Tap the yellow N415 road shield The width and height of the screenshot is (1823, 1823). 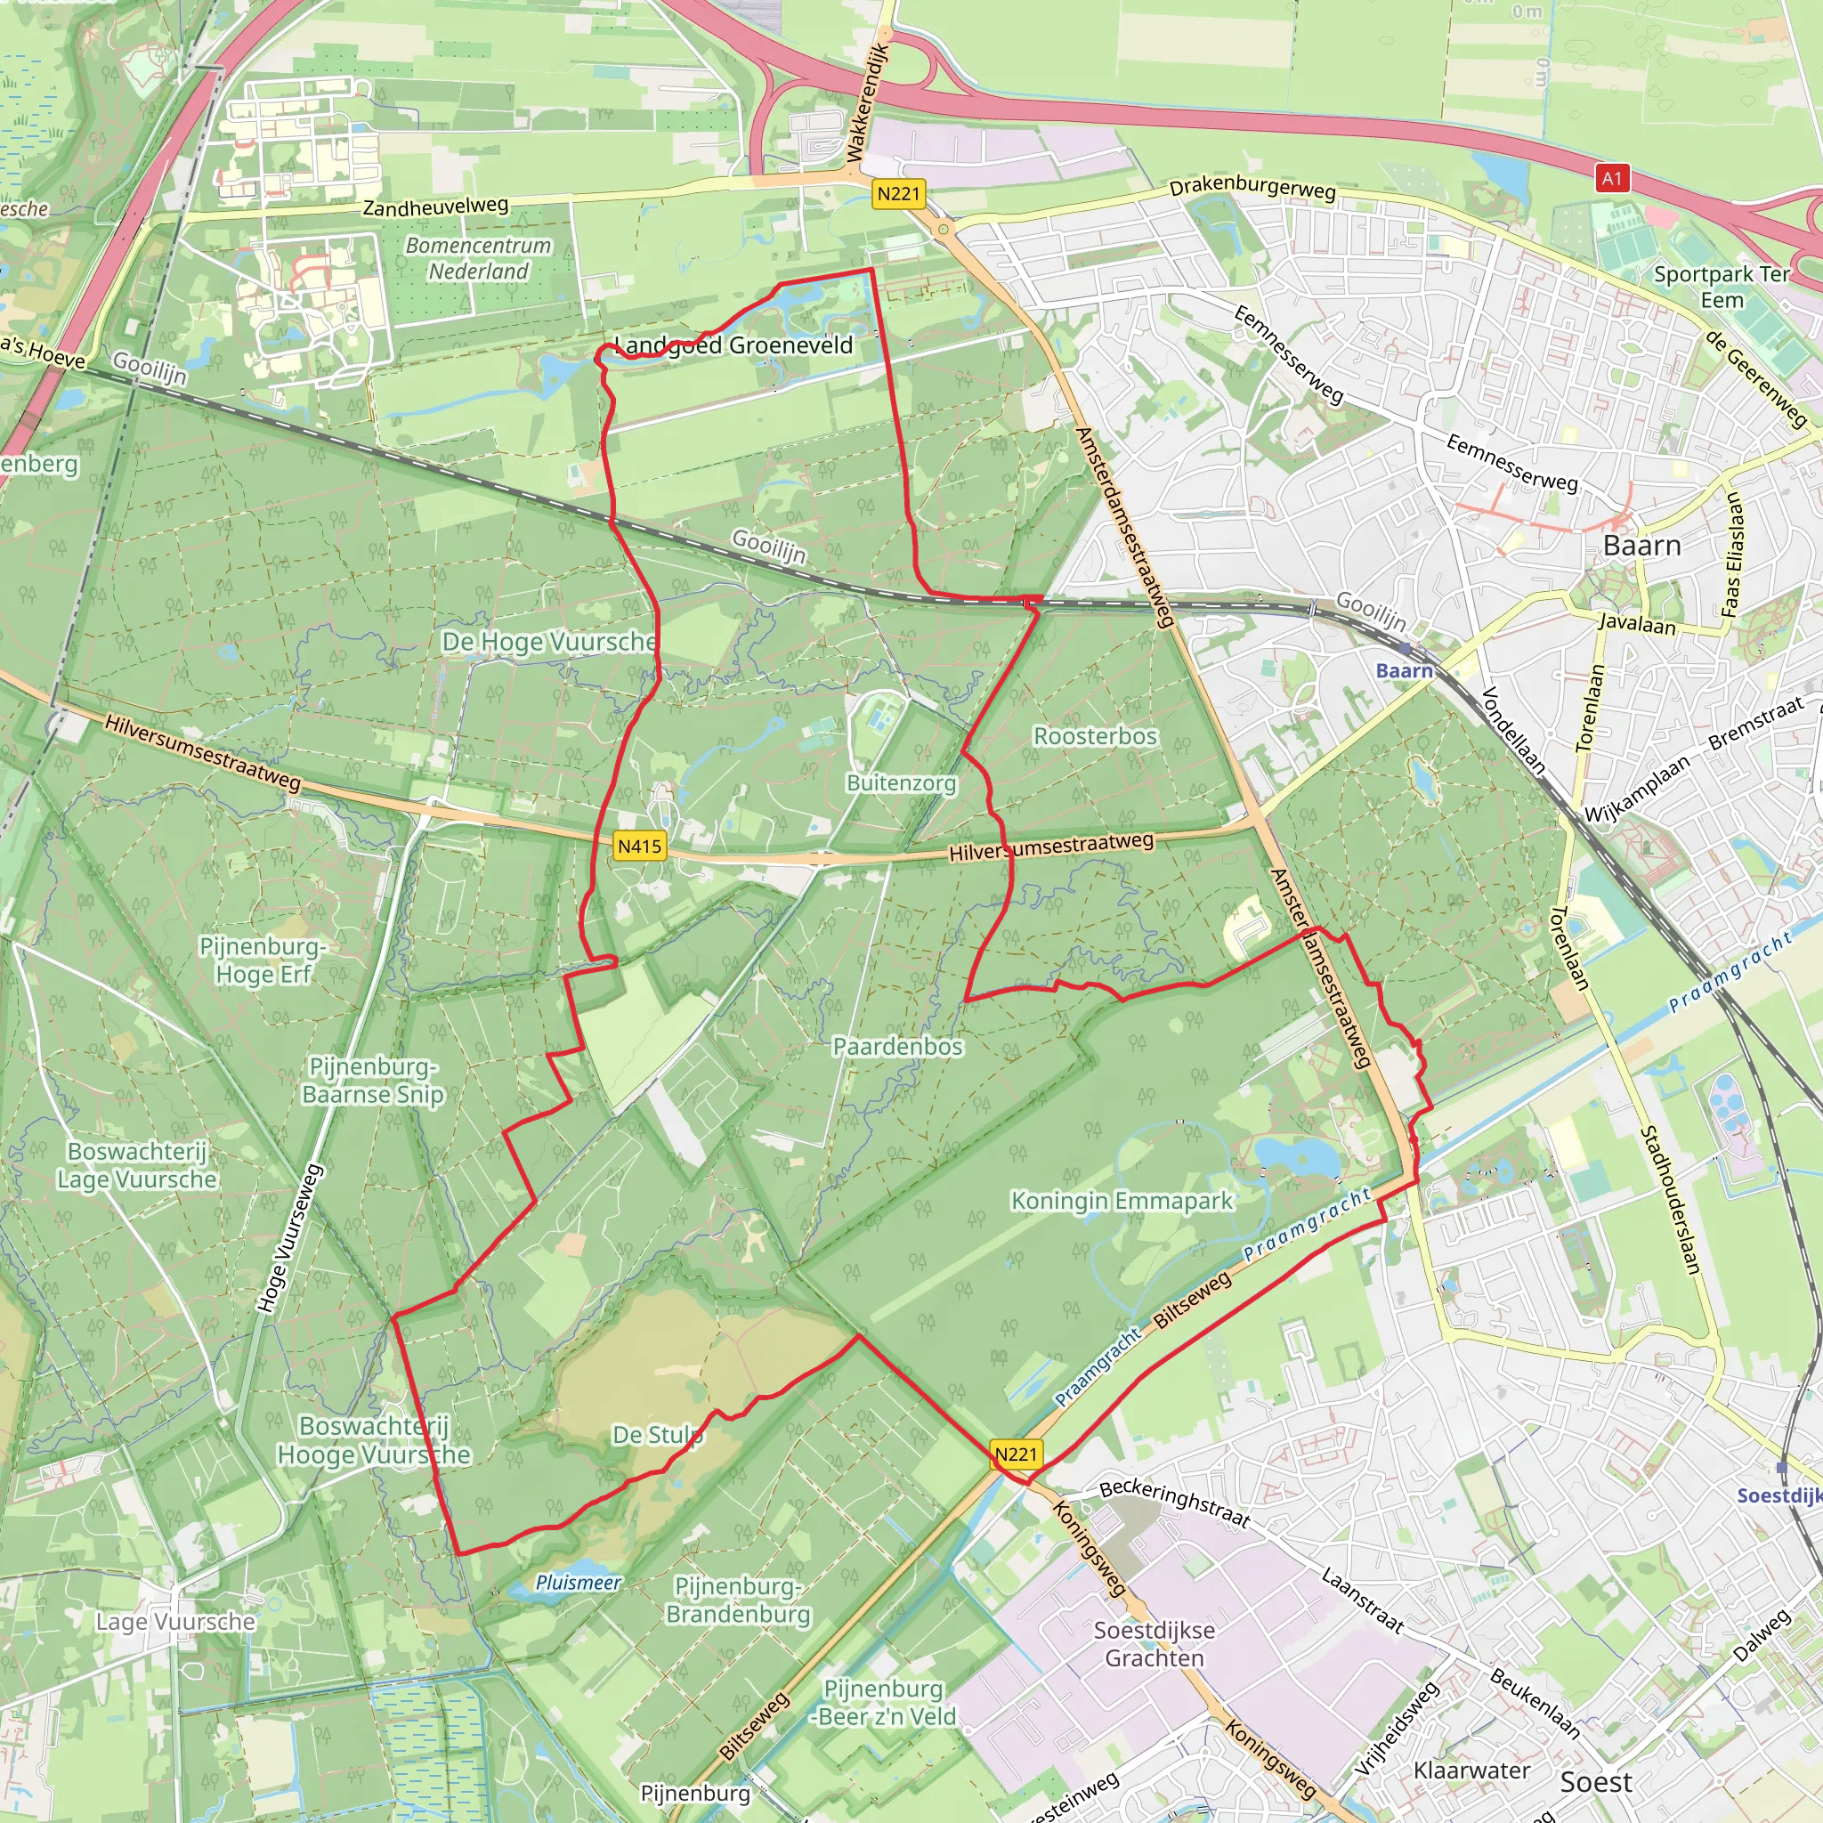click(639, 846)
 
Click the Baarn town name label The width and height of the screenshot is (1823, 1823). click(1641, 546)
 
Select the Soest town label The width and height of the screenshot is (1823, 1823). click(1596, 1782)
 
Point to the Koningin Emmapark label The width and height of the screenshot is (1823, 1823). click(1121, 1201)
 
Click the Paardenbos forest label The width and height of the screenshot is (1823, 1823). click(897, 1047)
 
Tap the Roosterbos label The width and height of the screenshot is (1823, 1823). click(1095, 736)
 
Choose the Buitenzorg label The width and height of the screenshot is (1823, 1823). click(901, 783)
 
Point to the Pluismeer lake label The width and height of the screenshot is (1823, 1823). click(578, 1583)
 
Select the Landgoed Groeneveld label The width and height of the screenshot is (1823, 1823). click(733, 345)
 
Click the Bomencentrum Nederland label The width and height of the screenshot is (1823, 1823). click(478, 258)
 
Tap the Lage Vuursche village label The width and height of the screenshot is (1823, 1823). click(175, 1622)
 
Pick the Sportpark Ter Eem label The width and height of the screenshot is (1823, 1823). click(1722, 287)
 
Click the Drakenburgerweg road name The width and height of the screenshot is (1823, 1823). click(1252, 189)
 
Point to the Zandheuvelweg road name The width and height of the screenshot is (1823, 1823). click(435, 206)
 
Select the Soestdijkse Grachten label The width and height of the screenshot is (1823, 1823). click(1154, 1644)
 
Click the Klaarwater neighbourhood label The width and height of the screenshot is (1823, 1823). click(1471, 1770)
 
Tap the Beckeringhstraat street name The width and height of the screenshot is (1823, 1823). click(1174, 1503)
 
